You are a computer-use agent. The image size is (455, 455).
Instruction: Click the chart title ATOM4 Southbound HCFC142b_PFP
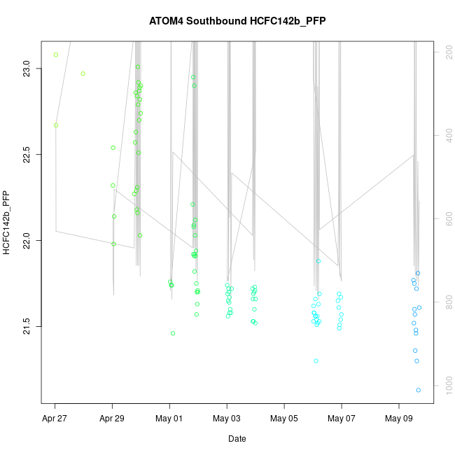click(x=237, y=21)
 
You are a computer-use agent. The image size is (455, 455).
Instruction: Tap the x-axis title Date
click(x=237, y=439)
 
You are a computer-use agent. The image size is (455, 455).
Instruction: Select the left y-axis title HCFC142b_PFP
click(x=7, y=223)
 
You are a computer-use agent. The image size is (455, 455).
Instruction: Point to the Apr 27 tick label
click(x=55, y=420)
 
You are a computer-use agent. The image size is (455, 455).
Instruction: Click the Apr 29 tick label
click(x=112, y=420)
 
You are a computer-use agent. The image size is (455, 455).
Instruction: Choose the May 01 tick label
click(x=169, y=420)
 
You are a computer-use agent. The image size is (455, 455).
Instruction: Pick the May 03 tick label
click(x=227, y=420)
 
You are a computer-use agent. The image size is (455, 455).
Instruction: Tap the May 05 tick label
click(x=284, y=420)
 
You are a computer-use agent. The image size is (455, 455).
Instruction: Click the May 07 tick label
click(x=342, y=420)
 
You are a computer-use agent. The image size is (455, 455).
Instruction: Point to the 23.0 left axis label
click(x=26, y=68)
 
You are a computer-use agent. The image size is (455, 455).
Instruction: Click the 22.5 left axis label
click(x=26, y=154)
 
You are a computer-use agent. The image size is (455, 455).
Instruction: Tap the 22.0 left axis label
click(x=26, y=240)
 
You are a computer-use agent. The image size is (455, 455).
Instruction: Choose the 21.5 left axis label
click(x=26, y=326)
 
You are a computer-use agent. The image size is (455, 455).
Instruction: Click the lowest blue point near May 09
click(x=419, y=390)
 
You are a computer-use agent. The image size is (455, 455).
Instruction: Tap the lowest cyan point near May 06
click(x=316, y=361)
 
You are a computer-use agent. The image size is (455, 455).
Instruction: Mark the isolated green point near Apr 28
click(x=83, y=73)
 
